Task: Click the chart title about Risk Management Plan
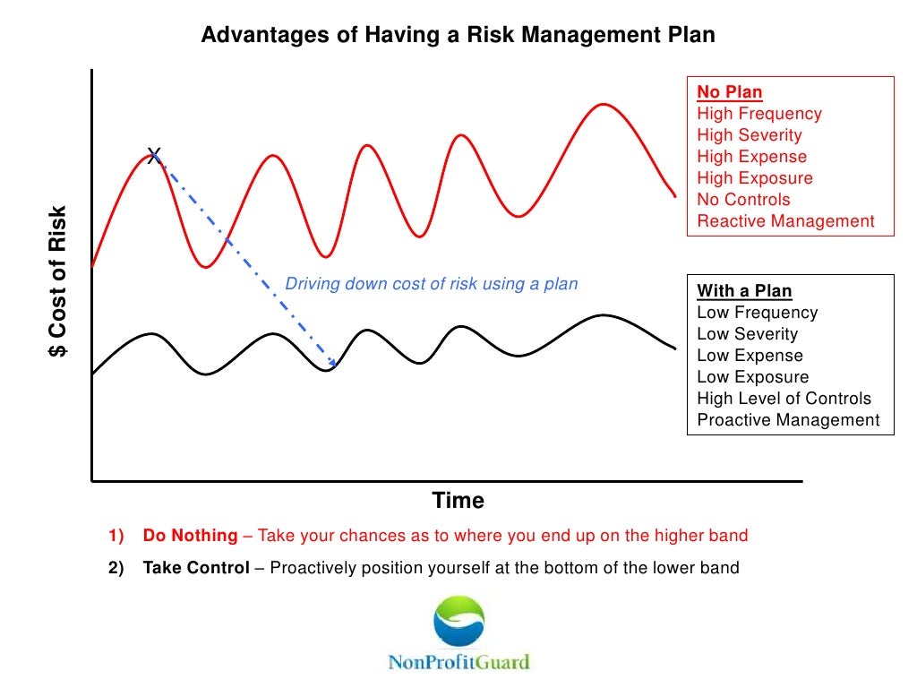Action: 458,35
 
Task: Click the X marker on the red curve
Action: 154,154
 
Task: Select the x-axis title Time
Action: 458,500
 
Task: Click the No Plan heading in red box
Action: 730,92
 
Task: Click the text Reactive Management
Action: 785,221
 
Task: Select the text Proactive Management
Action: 788,420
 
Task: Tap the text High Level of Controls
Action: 784,399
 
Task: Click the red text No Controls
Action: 743,200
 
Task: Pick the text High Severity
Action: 750,135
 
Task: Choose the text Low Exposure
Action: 752,377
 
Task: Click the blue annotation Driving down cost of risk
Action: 432,284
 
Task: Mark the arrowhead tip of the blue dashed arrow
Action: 334,365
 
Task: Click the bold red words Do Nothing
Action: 190,536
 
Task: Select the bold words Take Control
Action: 196,568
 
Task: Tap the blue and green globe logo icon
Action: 458,621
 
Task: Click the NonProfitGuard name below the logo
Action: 458,663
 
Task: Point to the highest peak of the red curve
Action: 604,104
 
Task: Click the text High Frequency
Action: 759,114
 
